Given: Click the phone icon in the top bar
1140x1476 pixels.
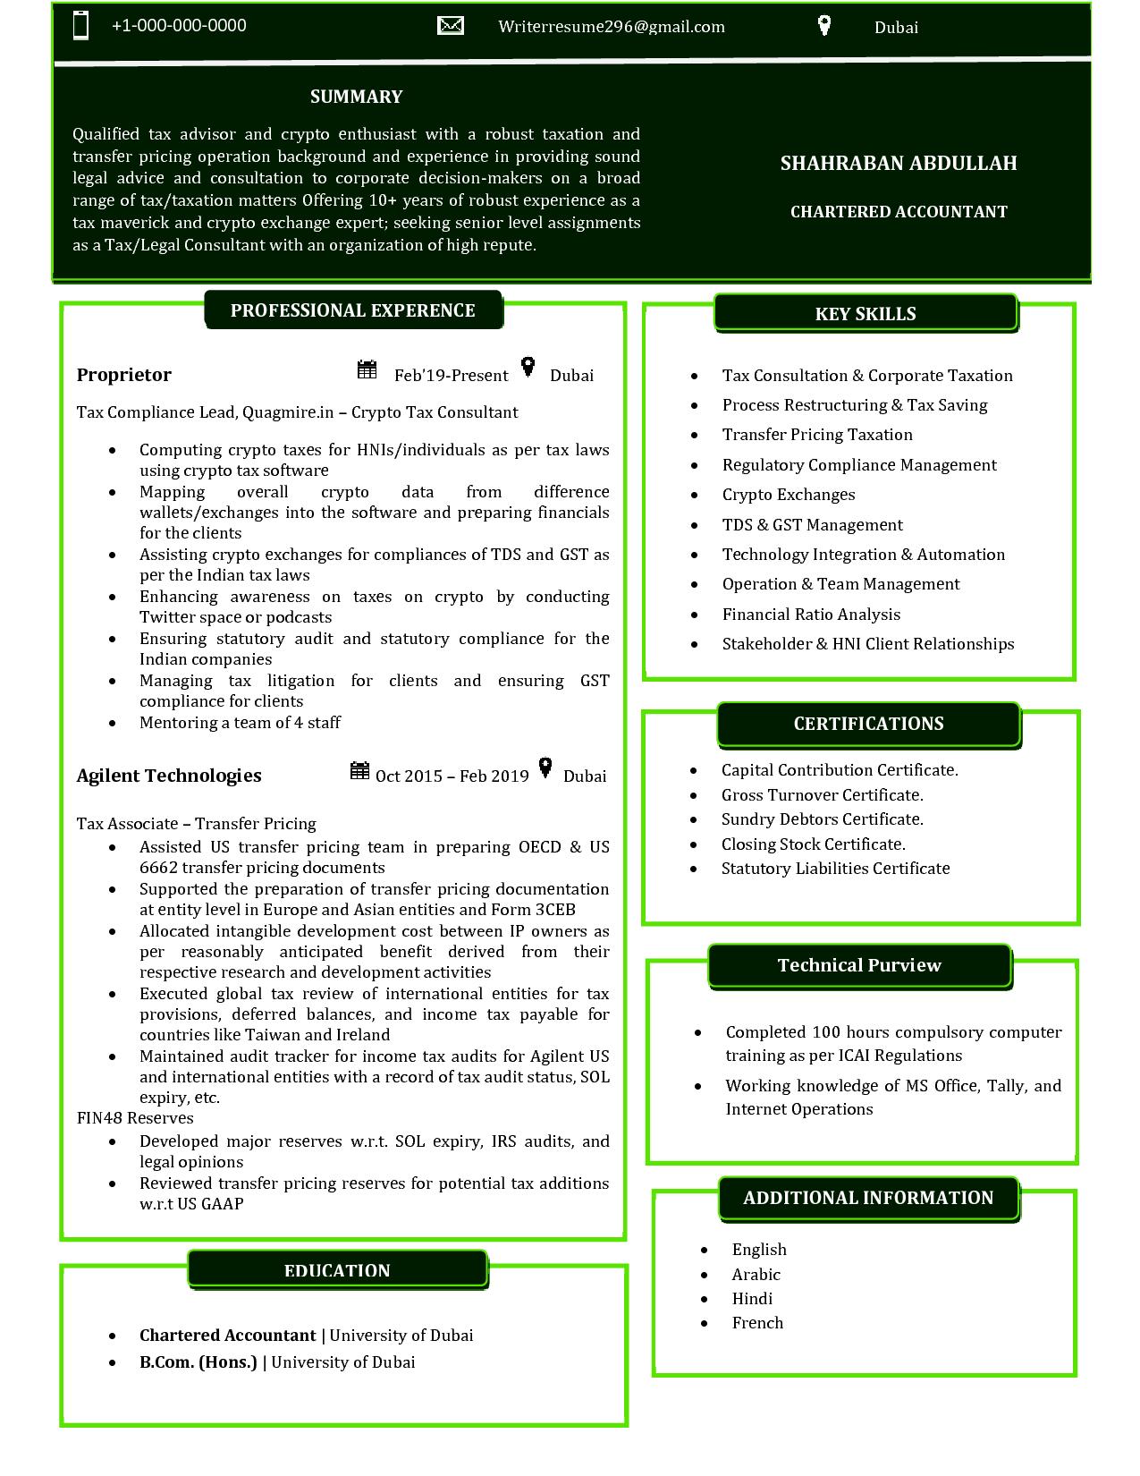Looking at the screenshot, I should point(80,25).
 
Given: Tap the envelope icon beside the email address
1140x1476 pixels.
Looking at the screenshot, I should point(451,25).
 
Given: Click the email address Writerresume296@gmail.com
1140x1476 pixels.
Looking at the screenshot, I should point(612,27).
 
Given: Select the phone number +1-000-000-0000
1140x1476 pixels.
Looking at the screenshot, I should point(179,26).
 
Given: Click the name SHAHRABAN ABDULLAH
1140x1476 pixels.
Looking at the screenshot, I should point(899,163).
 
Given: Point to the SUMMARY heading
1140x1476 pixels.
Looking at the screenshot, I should point(356,97).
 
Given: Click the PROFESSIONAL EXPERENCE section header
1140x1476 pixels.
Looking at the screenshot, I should point(353,310).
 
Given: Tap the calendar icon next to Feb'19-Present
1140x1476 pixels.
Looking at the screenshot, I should point(367,369).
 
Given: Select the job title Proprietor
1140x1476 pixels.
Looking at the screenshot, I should point(123,375).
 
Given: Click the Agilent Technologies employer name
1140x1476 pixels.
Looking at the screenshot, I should point(169,776).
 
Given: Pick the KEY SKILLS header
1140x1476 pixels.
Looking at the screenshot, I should point(866,314).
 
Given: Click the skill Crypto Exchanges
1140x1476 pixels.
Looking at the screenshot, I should point(789,495).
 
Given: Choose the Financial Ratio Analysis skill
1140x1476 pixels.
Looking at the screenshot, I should point(811,615).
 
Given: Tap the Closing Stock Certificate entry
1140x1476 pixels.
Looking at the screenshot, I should point(813,844).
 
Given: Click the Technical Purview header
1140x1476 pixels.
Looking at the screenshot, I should point(859,965).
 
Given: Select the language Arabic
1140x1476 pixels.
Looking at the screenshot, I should point(756,1275).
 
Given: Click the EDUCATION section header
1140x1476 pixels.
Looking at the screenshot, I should point(337,1270).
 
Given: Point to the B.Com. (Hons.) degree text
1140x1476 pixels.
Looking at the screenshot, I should point(198,1362).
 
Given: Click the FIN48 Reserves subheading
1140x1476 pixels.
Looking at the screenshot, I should point(135,1118).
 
